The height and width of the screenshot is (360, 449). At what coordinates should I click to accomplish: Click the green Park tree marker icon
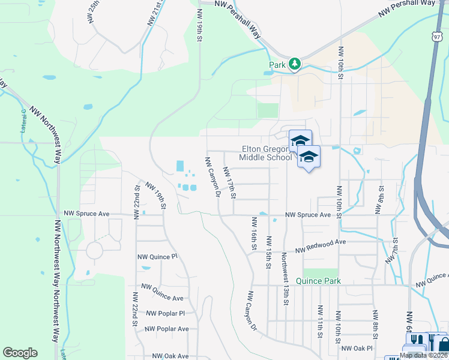294,63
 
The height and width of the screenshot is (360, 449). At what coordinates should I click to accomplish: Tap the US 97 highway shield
436,37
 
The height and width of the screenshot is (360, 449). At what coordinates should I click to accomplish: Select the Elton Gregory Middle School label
266,153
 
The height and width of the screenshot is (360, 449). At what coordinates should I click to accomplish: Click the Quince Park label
318,281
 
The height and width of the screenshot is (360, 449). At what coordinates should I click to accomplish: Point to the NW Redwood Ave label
321,242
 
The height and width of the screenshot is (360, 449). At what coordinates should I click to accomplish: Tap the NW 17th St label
229,182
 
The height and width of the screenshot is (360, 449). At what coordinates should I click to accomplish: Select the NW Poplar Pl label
164,313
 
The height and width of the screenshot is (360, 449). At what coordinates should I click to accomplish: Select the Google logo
20,353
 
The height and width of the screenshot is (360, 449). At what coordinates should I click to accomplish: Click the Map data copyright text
424,356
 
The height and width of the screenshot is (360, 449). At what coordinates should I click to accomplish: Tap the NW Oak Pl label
357,348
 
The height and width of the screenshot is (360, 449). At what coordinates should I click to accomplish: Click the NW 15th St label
268,252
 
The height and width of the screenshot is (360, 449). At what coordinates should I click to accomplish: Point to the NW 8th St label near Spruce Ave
379,200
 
